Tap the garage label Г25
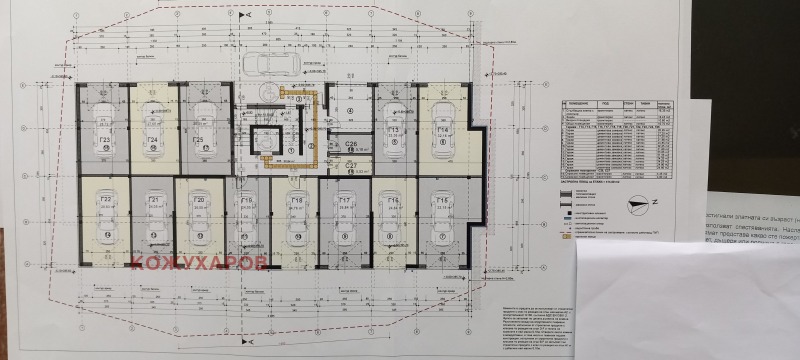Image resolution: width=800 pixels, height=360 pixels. point(199,140)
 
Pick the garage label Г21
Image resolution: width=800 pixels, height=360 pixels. point(154,203)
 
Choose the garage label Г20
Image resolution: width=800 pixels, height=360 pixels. point(199,201)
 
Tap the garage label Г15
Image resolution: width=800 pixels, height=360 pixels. point(441,202)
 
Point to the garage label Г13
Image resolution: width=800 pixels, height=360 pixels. point(393,131)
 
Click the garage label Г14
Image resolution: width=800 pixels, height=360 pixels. point(442,131)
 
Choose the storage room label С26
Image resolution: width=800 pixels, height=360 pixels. point(352,144)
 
